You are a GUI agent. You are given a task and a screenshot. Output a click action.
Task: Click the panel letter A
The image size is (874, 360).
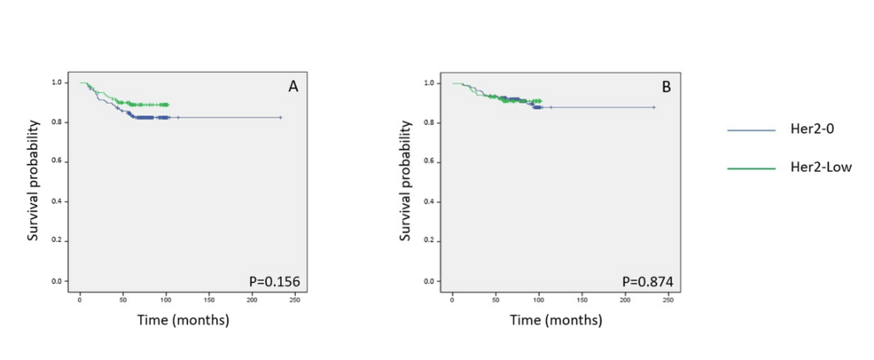pos(292,87)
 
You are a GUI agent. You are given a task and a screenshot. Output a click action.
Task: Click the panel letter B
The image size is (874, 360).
pos(666,87)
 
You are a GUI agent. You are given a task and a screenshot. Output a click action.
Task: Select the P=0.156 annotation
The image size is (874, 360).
pos(275,282)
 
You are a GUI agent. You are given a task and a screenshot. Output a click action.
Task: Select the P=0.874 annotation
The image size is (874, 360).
pos(647,282)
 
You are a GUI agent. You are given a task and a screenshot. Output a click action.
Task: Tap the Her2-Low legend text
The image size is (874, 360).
pos(820,167)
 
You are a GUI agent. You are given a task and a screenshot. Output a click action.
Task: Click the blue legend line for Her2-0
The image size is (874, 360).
pos(752,130)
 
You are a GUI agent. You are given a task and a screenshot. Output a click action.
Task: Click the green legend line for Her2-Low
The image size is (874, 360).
pos(752,167)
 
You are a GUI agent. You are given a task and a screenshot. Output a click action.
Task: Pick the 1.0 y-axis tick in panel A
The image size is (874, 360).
pos(57,82)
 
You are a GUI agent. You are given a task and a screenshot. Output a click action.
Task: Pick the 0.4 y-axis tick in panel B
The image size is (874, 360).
pos(430,201)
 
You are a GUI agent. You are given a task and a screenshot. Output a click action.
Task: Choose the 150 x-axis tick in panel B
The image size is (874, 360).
pos(581,300)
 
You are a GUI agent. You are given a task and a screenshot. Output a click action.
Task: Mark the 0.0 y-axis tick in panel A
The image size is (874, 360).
pos(57,281)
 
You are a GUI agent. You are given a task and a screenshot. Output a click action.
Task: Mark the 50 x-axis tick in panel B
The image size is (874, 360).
pos(496,300)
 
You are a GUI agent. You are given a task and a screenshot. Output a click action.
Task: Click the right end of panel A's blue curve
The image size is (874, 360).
pos(281,117)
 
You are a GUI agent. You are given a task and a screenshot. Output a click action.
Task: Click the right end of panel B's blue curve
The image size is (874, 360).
pos(654,107)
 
